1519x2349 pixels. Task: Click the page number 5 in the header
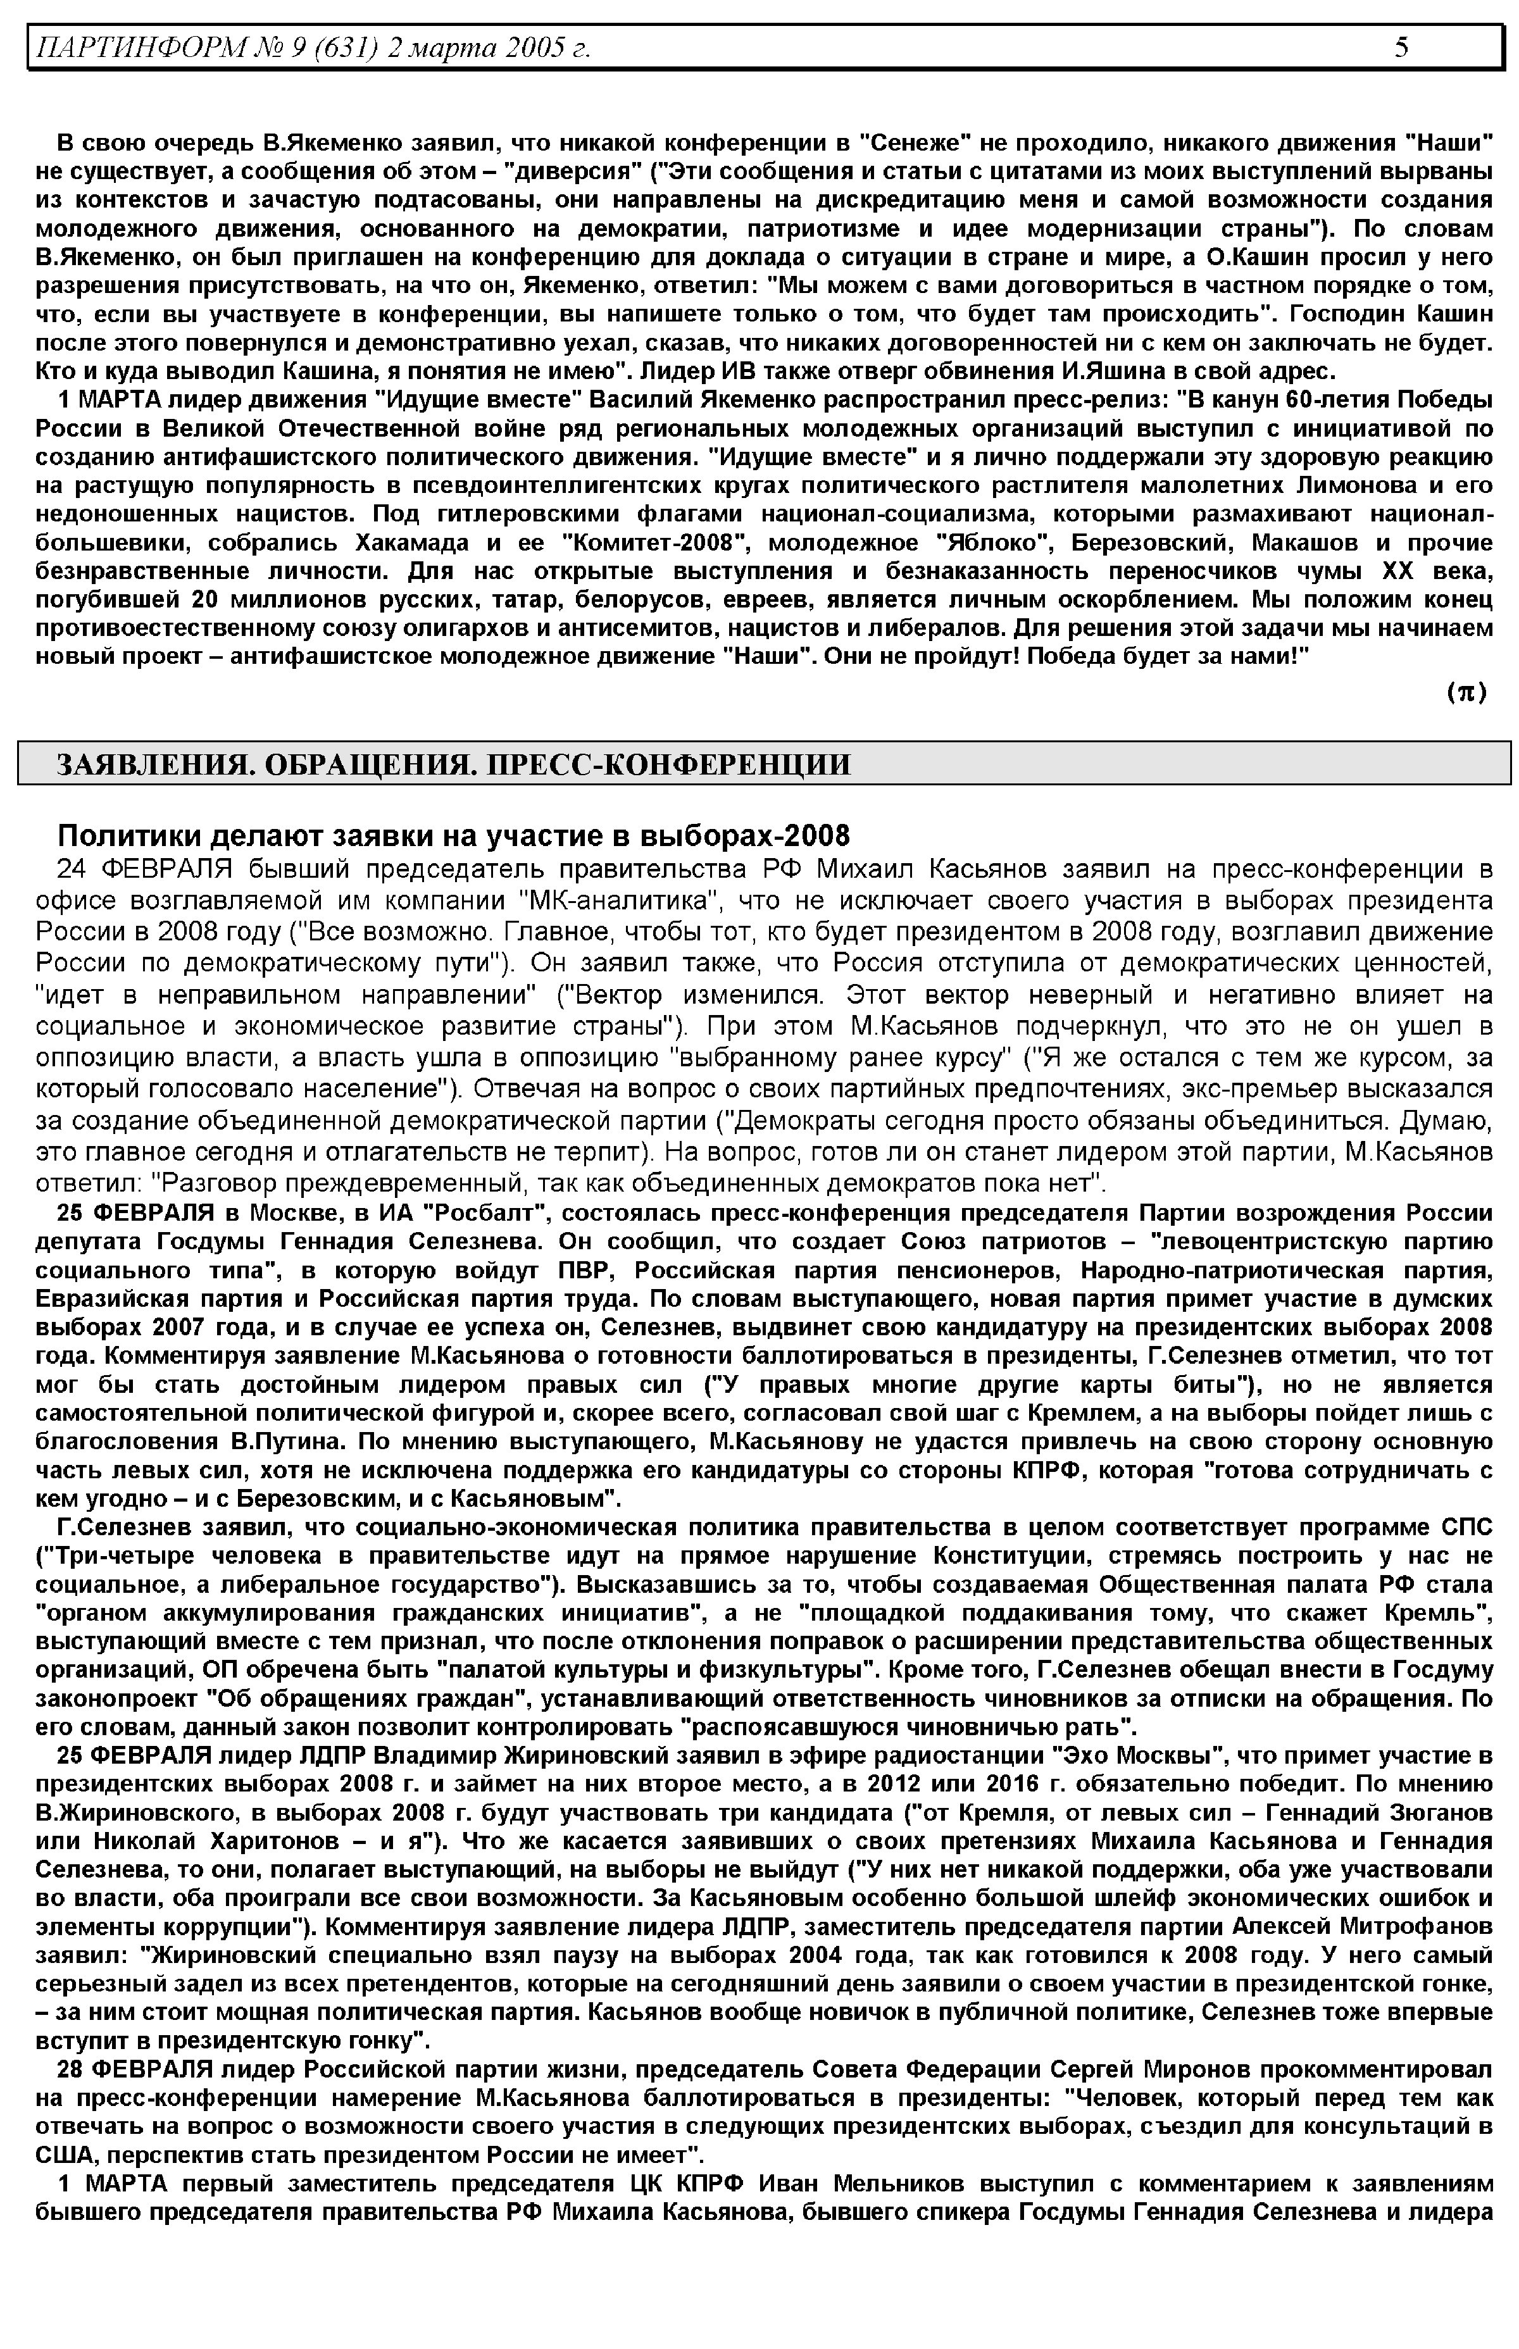click(x=1401, y=46)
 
